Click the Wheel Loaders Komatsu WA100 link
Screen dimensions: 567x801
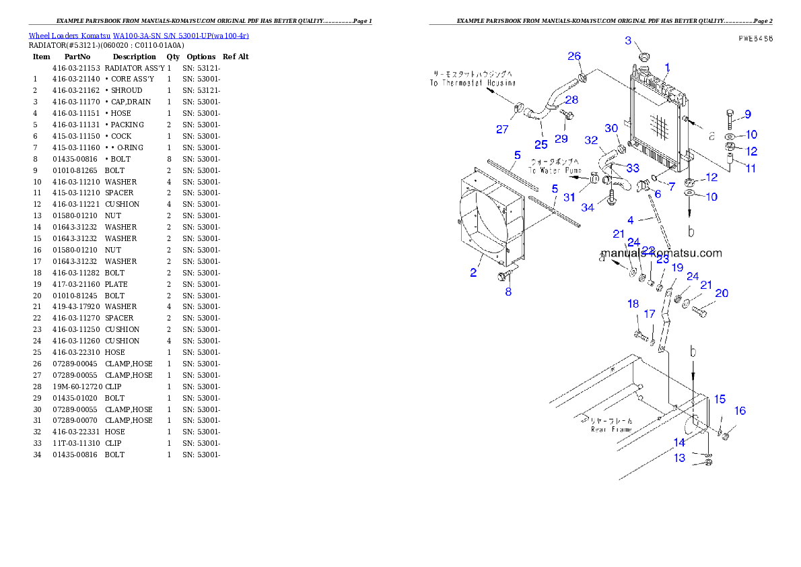point(139,36)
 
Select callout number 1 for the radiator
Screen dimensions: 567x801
point(667,67)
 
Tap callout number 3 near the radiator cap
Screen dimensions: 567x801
point(628,41)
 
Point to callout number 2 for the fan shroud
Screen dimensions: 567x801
point(474,273)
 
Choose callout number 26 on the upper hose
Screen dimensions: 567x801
point(574,56)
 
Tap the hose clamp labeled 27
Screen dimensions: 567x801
point(519,108)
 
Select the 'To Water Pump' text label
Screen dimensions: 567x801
point(555,166)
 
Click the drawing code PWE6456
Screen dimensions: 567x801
point(755,39)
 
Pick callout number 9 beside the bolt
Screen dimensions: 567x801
point(747,114)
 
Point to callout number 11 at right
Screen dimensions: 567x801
point(751,168)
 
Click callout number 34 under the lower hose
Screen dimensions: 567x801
point(588,207)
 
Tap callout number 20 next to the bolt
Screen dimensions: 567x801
point(722,293)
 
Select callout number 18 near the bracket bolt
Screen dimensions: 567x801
point(633,304)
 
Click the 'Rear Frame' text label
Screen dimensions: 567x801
point(611,425)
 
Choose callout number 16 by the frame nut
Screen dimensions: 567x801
point(740,411)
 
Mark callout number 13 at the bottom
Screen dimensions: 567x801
point(680,458)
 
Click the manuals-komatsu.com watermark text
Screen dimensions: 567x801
point(661,253)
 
